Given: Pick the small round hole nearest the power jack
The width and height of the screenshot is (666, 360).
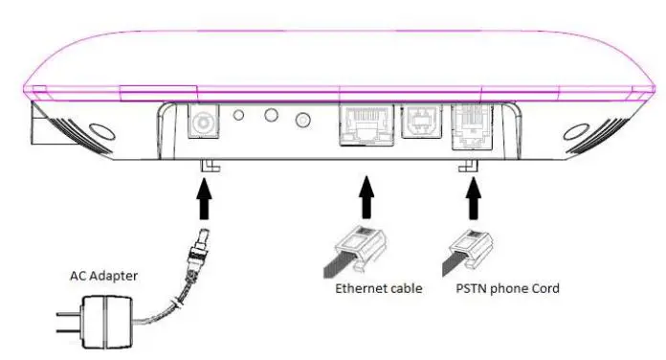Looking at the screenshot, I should (240, 115).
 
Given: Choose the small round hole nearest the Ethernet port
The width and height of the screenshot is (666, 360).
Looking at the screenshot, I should (304, 120).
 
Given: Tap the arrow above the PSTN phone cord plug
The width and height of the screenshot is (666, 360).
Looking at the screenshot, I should (470, 198).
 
